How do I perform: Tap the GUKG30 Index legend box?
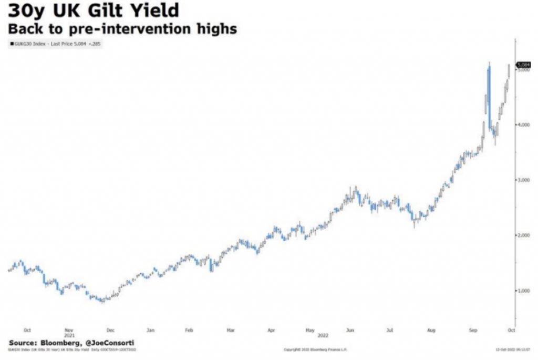point(55,44)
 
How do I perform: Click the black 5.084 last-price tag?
point(523,64)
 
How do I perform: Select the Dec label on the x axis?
point(110,330)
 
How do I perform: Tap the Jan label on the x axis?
point(150,330)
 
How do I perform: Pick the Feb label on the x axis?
point(189,330)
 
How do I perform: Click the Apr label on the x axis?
point(271,330)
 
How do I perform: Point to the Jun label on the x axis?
point(350,330)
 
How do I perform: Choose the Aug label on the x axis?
point(432,330)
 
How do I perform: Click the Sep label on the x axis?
point(472,330)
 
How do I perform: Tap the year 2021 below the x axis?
point(69,335)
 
